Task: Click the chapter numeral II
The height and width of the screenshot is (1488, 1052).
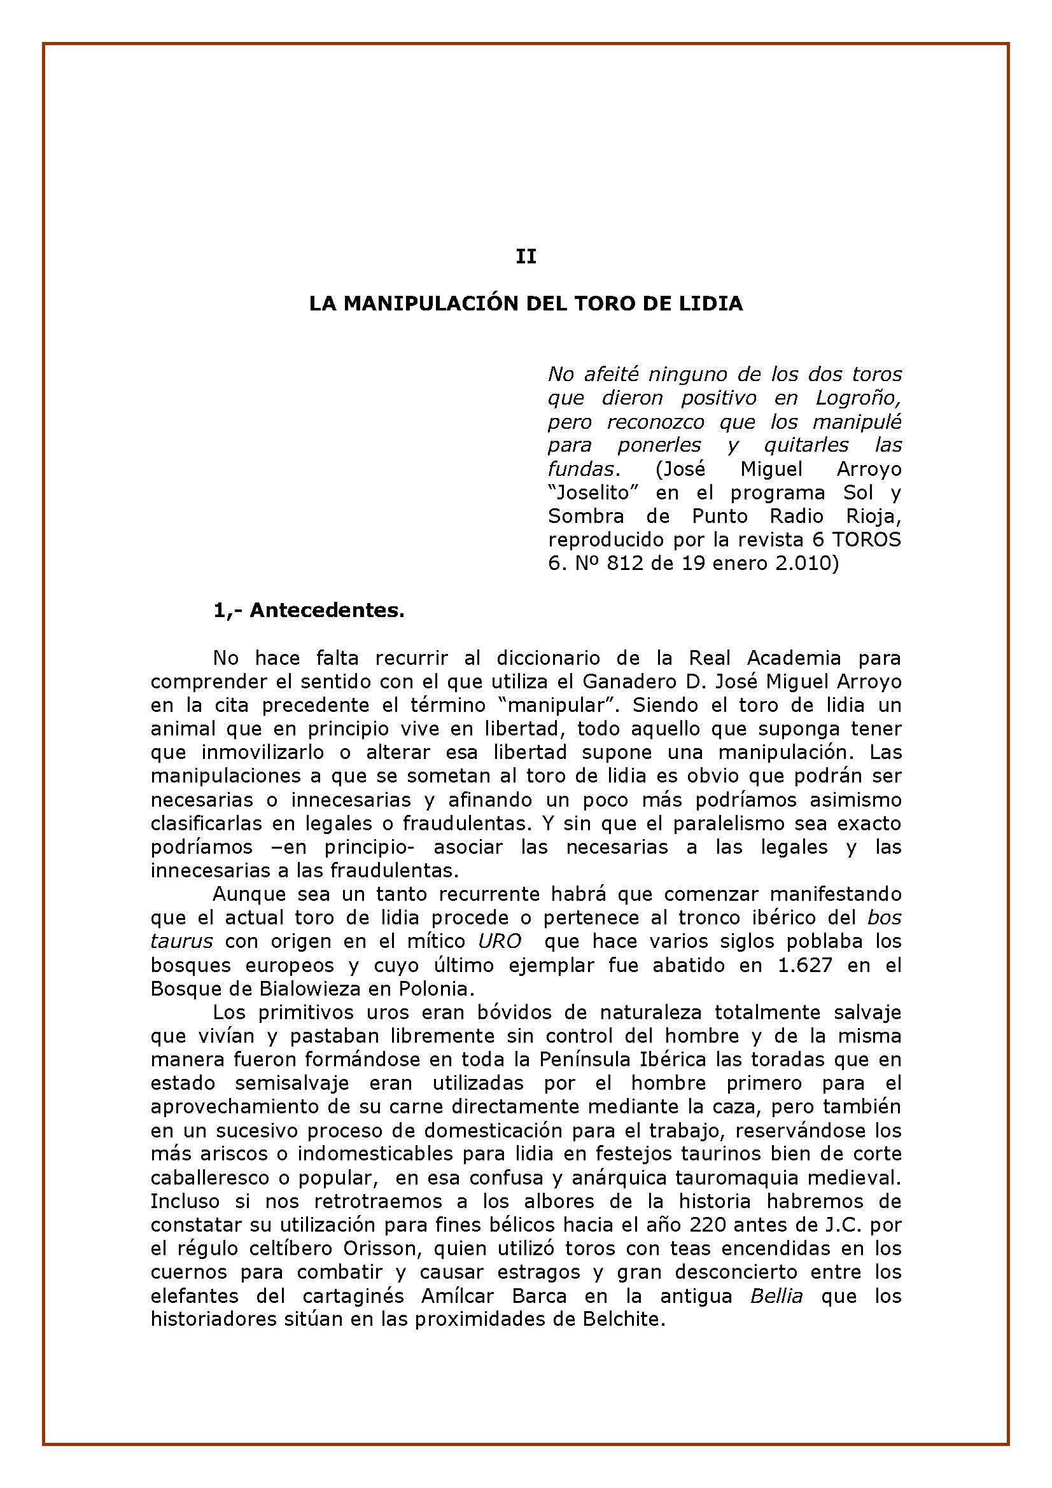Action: tap(526, 256)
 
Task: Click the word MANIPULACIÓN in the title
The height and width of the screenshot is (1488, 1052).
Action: tap(428, 303)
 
